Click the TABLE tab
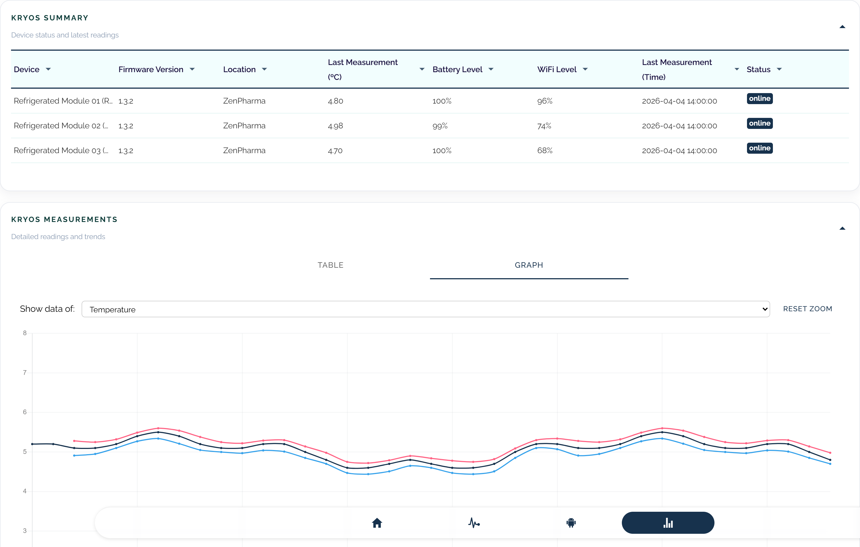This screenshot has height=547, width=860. click(330, 265)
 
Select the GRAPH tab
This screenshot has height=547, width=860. click(529, 265)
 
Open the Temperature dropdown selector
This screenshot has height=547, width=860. click(425, 309)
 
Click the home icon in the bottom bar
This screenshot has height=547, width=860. click(377, 523)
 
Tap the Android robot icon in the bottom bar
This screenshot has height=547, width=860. click(571, 523)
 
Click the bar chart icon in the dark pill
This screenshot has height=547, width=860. click(668, 523)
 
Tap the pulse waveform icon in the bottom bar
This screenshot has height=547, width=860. click(474, 523)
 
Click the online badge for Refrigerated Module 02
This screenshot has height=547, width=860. click(759, 123)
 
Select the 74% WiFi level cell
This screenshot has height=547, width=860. click(544, 126)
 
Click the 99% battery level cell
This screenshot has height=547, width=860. click(440, 126)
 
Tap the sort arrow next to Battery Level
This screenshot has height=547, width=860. click(491, 69)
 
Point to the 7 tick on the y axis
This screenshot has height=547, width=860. click(25, 373)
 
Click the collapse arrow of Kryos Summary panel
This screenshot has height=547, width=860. click(842, 27)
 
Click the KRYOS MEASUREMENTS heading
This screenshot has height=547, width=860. click(64, 220)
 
